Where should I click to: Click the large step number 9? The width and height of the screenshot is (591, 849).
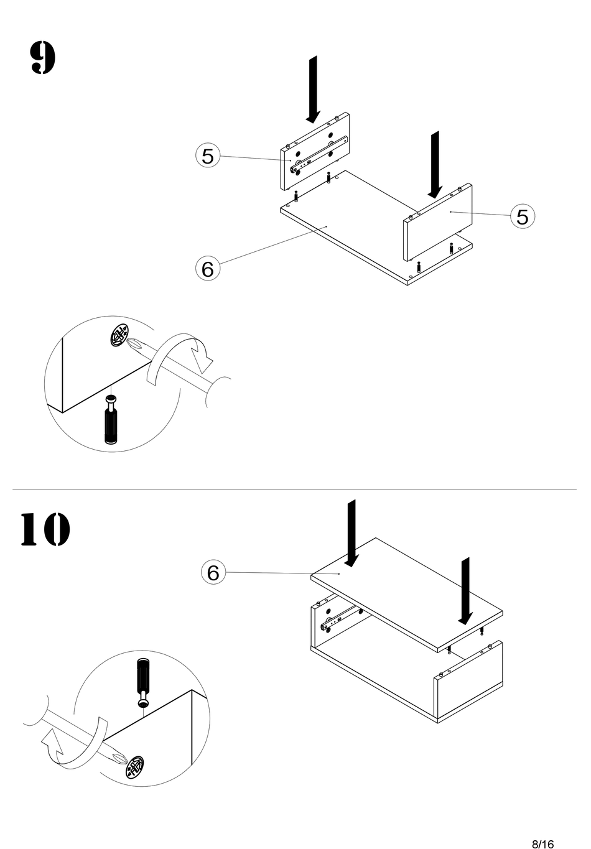(x=43, y=58)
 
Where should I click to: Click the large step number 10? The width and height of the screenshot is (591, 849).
(x=45, y=529)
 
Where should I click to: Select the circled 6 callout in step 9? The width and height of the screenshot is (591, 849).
(x=208, y=269)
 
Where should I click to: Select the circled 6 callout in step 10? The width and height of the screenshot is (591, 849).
(x=213, y=572)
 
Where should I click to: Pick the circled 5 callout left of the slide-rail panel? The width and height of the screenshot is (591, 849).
(x=208, y=155)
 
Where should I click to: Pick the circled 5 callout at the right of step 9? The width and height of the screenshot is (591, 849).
(x=523, y=216)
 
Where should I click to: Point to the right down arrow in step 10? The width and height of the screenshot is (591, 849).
(x=465, y=591)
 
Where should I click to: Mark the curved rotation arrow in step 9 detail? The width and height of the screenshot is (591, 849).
(x=180, y=358)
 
